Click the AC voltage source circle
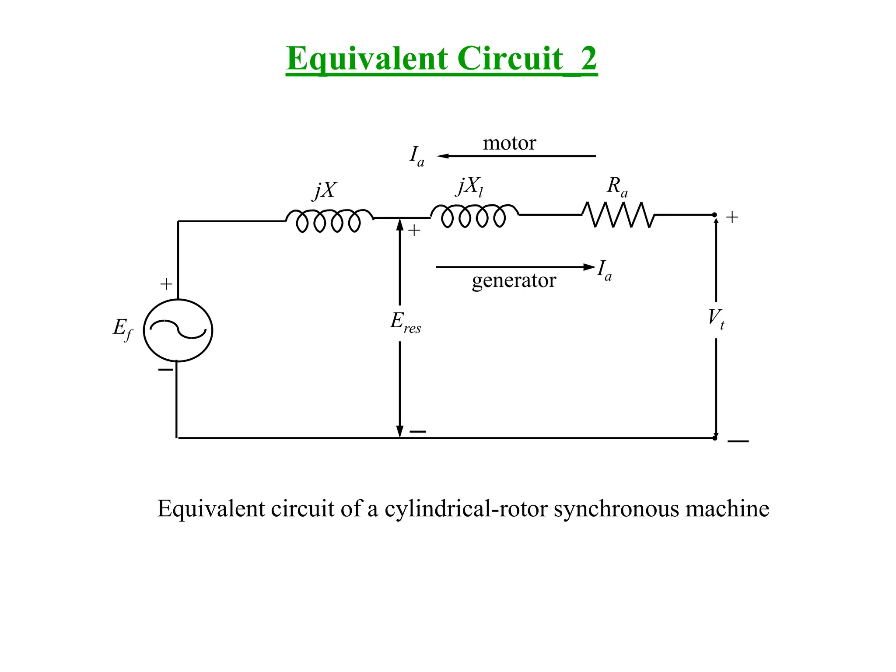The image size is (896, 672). click(178, 330)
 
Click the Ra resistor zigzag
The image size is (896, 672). click(618, 214)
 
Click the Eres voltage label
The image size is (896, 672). click(405, 323)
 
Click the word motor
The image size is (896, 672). click(509, 143)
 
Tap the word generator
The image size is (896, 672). click(514, 280)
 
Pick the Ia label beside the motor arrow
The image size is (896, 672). click(416, 156)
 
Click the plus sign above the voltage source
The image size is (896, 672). click(166, 284)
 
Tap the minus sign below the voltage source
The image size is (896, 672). click(165, 370)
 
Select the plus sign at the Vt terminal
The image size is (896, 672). click(732, 217)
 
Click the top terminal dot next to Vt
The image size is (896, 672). click(714, 215)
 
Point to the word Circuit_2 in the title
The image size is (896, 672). click(527, 59)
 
